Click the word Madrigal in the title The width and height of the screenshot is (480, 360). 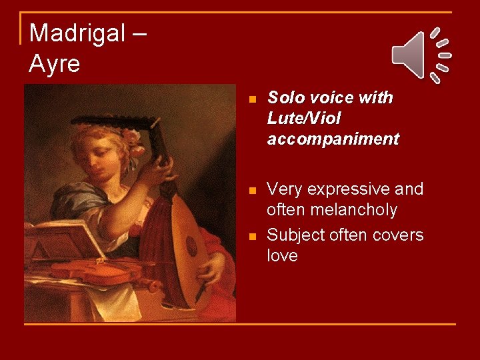point(76,33)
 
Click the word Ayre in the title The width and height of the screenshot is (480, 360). point(55,64)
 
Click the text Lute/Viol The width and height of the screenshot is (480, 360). point(304,119)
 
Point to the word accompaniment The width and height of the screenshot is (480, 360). point(333,139)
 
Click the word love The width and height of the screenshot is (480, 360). point(282,256)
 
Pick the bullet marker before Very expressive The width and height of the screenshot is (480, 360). point(251,191)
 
